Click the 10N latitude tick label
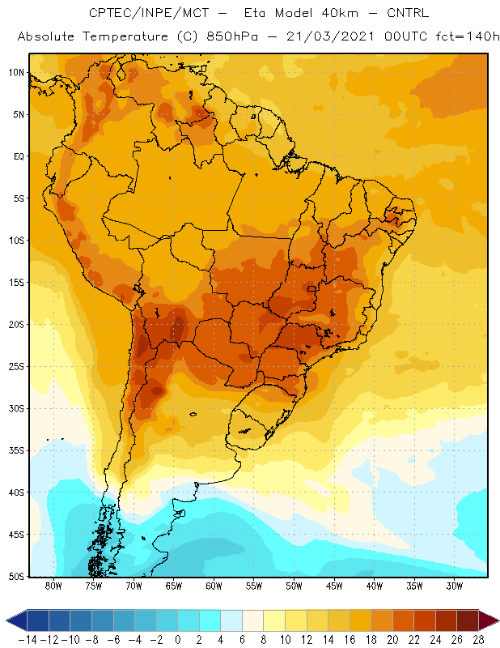tap(16, 73)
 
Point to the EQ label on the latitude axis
tap(19, 156)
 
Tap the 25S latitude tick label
tap(16, 367)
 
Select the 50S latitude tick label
tap(16, 577)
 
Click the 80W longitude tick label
tap(53, 586)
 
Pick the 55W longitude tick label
tap(254, 586)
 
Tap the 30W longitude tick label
tap(455, 586)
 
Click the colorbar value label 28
tap(478, 640)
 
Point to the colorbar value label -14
tap(28, 640)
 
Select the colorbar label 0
tap(177, 640)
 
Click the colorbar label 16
tap(350, 640)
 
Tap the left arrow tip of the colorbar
tap(6, 620)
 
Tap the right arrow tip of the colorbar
tap(499, 620)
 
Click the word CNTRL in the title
tap(408, 13)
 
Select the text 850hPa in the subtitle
tap(232, 36)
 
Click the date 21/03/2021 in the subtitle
tap(330, 36)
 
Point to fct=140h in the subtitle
tap(468, 36)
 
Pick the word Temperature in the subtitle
tap(125, 36)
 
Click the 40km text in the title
tap(340, 13)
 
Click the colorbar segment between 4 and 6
tap(231, 620)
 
